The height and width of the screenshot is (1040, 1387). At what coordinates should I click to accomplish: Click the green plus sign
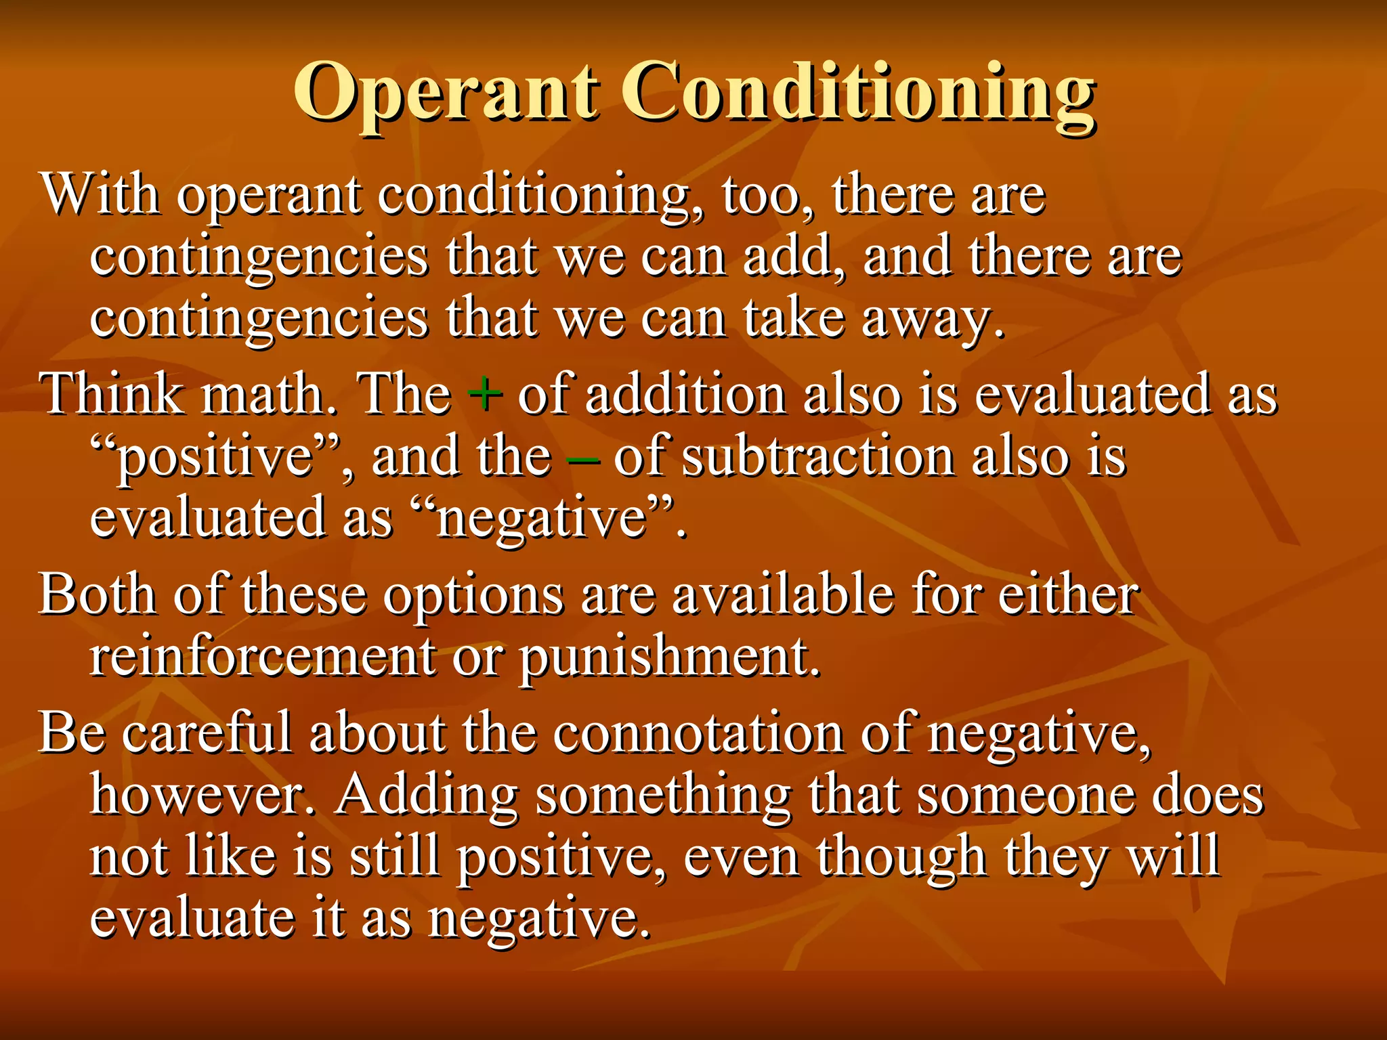tap(485, 395)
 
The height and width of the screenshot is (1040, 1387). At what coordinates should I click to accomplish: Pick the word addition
tap(685, 395)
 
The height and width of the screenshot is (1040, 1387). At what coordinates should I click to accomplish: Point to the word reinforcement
tap(263, 657)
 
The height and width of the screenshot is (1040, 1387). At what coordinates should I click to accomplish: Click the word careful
tap(207, 733)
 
